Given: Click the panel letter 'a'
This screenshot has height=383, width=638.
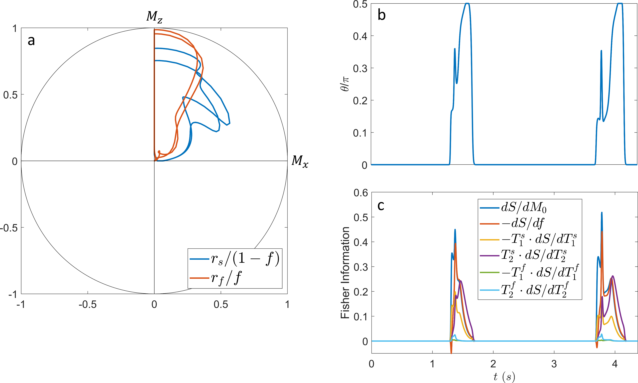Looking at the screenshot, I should pyautogui.click(x=31, y=41).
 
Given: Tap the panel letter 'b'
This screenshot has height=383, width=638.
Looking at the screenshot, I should pyautogui.click(x=382, y=15).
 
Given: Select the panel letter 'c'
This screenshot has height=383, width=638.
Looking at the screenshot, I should pyautogui.click(x=381, y=206).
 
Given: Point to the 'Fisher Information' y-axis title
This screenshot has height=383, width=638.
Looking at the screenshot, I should pyautogui.click(x=345, y=273).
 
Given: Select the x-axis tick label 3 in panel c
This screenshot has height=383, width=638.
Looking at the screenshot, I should pyautogui.click(x=554, y=364).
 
